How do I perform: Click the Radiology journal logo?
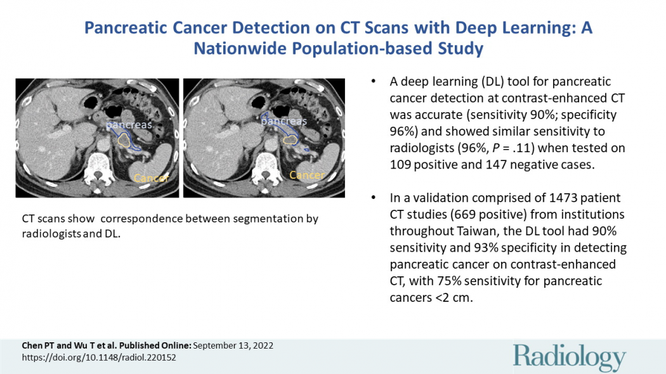(x=569, y=357)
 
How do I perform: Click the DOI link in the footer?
(x=99, y=358)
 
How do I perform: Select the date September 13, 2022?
(x=233, y=345)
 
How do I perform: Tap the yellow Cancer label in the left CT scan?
(x=151, y=178)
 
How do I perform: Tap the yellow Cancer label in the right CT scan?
(x=306, y=175)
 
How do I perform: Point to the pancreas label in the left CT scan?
(x=129, y=125)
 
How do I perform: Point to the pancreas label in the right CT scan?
(x=284, y=121)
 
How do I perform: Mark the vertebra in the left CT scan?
(x=98, y=170)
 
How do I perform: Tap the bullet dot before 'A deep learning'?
(x=374, y=81)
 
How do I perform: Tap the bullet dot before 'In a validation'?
(x=374, y=198)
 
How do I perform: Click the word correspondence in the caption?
(x=141, y=219)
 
